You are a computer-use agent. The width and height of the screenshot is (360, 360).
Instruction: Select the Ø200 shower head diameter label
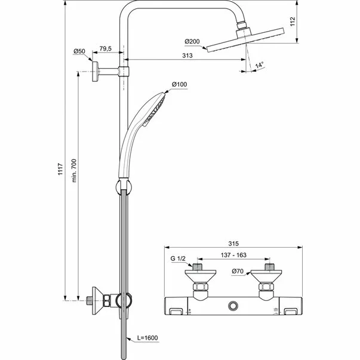click(192, 41)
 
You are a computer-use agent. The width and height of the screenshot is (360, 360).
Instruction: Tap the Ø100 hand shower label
click(179, 85)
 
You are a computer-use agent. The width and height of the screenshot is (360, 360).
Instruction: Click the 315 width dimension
click(234, 244)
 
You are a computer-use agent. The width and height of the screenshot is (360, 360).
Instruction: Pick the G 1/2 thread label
click(179, 258)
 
